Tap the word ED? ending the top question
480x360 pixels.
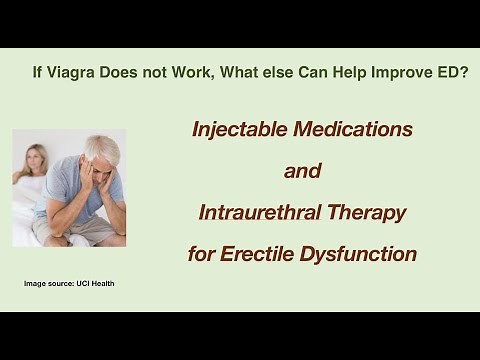(x=449, y=73)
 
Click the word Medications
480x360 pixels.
(x=355, y=129)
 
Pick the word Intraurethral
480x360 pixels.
(x=260, y=212)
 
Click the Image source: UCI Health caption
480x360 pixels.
(x=69, y=284)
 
